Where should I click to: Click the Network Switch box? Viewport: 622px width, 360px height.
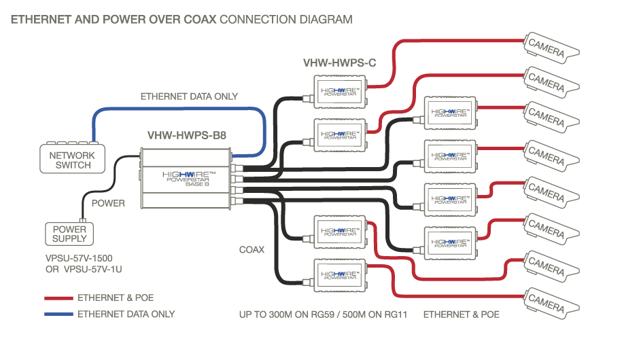72,159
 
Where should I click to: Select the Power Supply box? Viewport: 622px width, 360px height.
70,234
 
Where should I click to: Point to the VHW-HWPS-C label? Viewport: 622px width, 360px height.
339,63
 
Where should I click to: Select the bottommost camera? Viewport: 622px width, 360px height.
550,300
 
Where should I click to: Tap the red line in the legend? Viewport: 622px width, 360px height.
58,298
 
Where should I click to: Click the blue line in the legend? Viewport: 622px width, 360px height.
58,314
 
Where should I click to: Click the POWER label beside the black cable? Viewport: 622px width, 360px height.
108,203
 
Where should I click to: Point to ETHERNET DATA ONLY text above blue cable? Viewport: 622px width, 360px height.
189,96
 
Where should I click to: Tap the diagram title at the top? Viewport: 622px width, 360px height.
182,20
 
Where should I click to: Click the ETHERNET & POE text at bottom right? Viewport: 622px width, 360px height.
461,314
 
